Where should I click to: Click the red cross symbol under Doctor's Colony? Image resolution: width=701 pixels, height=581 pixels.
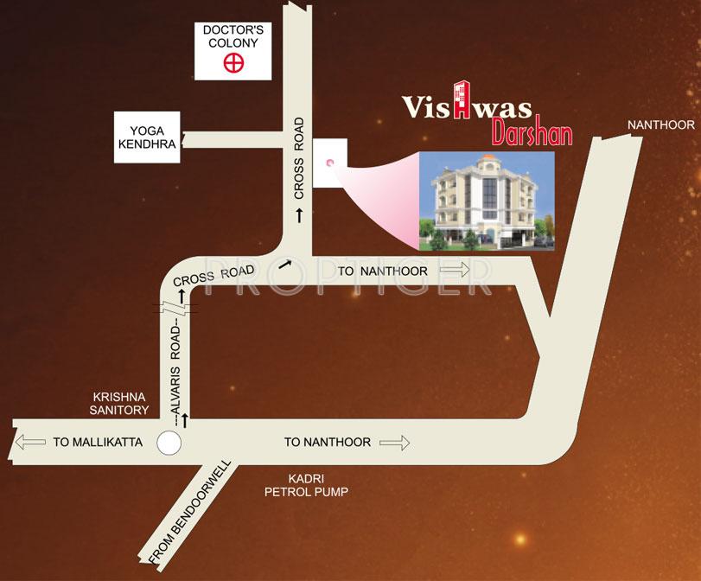click(231, 62)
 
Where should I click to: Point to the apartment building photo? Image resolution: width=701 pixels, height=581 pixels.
click(486, 201)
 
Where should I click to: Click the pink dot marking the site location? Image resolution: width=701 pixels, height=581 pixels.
click(328, 162)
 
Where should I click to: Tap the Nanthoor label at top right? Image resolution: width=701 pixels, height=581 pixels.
click(660, 125)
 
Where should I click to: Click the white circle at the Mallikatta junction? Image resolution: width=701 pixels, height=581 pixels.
click(169, 444)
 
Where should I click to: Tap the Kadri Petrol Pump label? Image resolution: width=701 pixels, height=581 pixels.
click(306, 485)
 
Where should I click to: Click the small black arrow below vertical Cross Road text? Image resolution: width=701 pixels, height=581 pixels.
click(300, 213)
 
